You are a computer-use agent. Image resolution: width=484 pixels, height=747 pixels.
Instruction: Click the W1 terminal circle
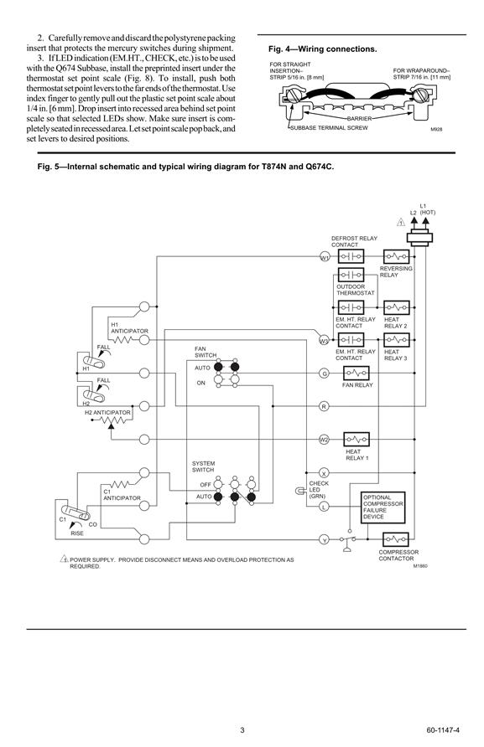pos(325,257)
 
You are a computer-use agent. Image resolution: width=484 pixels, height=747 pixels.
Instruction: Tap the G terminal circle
pos(324,373)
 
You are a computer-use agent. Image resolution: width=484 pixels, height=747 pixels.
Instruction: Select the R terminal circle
pos(324,406)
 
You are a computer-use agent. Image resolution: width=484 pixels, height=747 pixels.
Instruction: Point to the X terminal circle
pos(324,473)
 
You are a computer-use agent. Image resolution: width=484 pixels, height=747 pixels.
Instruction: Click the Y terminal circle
pos(324,540)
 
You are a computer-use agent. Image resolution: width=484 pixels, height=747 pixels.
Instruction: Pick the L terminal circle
pos(324,507)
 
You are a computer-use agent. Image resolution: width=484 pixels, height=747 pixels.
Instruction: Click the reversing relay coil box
pos(397,257)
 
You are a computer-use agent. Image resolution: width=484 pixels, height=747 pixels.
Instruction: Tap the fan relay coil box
pos(356,373)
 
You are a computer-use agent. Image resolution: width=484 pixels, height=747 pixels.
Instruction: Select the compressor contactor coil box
pos(396,539)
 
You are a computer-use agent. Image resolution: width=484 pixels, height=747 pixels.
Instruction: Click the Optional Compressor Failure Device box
pos(383,507)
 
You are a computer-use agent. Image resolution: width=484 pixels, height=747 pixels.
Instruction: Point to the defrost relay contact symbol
pos(351,257)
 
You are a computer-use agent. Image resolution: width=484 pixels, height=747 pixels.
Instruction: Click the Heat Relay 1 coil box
pos(356,440)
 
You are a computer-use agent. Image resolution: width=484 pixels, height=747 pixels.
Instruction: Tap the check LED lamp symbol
pos(300,490)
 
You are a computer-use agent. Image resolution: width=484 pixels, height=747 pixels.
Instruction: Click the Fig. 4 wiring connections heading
pos(323,49)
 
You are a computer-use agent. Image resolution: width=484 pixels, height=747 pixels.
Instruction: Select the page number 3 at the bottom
pos(242,730)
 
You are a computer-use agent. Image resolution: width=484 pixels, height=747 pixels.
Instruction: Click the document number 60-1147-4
pos(443,730)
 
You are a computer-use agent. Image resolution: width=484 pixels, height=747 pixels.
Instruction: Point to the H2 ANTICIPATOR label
pos(107,413)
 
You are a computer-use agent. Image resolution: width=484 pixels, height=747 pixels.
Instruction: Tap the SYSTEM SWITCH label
pos(204,466)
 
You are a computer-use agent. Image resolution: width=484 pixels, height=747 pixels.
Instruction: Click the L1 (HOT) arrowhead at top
pos(424,220)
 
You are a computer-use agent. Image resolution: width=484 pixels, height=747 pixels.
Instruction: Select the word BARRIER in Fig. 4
pos(359,119)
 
